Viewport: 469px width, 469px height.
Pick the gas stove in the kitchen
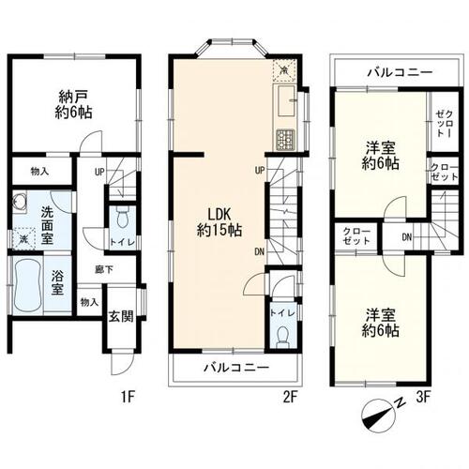coord(283,140)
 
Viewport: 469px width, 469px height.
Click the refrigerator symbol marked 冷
coord(284,69)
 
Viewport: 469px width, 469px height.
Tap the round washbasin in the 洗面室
coord(19,203)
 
